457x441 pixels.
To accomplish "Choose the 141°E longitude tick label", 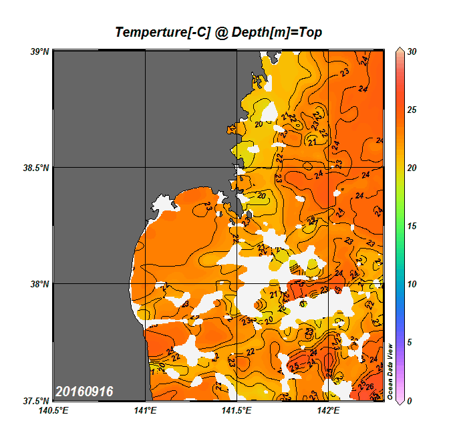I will tap(146, 410).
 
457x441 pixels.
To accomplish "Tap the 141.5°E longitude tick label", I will tap(237, 410).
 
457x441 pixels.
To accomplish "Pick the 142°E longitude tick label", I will tap(329, 410).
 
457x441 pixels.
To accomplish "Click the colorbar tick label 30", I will tap(412, 51).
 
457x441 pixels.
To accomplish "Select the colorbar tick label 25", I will tap(412, 110).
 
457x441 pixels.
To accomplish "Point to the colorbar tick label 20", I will tap(412, 168).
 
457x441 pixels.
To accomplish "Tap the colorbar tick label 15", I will tap(412, 226).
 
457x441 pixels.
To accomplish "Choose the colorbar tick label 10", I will tap(412, 284).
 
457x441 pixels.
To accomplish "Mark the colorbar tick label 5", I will tap(410, 342).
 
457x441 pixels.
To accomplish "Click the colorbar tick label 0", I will tap(410, 401).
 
